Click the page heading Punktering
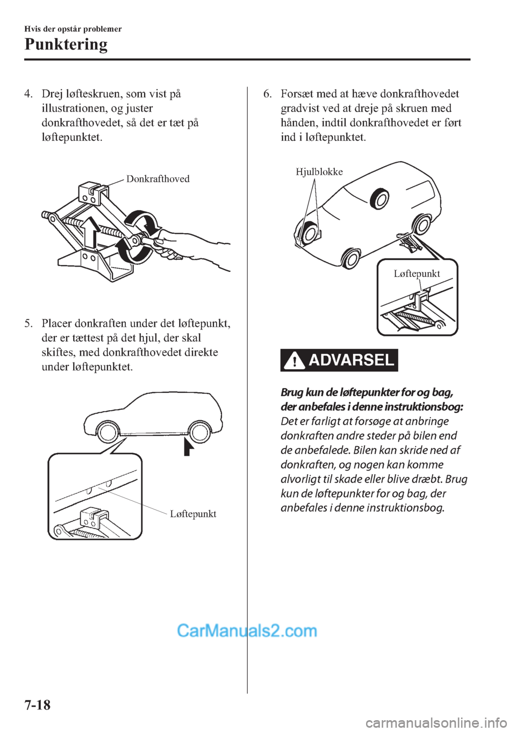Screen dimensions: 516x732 point(66,45)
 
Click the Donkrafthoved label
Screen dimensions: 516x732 point(158,179)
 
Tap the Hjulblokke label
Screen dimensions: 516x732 point(319,171)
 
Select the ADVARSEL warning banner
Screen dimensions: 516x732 point(339,360)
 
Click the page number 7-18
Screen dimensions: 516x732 point(38,705)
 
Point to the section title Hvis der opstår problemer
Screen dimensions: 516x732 point(73,29)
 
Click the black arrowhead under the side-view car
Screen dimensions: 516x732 point(187,447)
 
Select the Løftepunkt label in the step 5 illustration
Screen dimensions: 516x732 point(193,514)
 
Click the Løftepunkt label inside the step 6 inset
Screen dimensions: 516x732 point(417,274)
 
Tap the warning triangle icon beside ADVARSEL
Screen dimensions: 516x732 point(295,361)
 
